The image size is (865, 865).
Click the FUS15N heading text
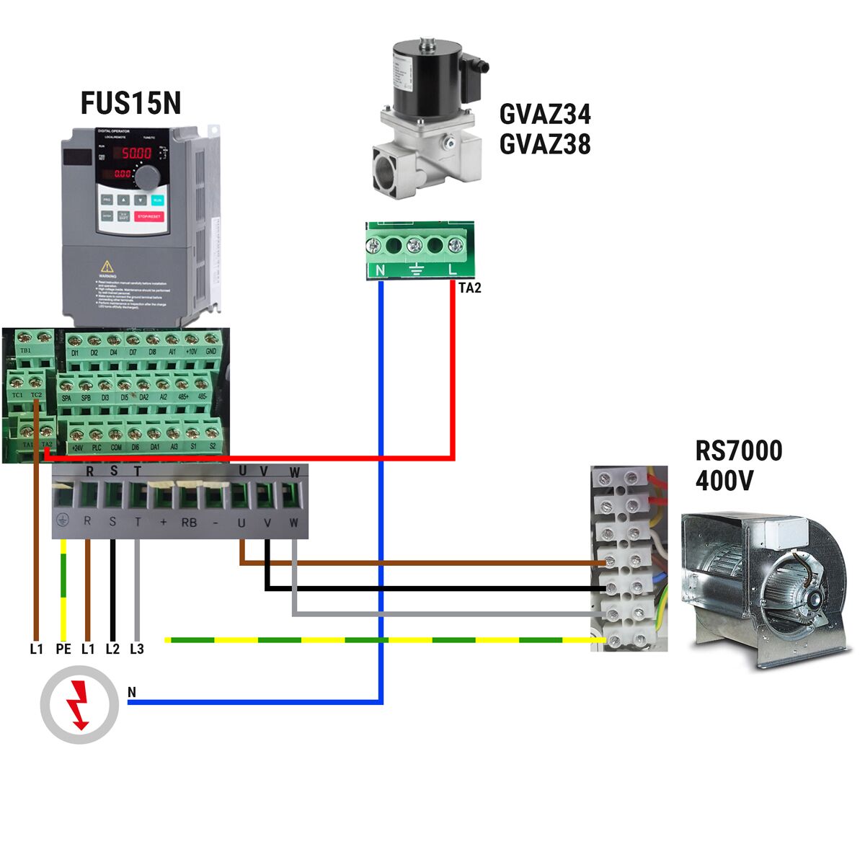pos(130,103)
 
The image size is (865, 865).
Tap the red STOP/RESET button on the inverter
pos(149,216)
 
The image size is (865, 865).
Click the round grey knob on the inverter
pos(148,176)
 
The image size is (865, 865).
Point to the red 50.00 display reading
pos(136,154)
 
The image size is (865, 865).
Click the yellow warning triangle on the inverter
pos(107,266)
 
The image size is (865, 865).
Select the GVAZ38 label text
pos(545,145)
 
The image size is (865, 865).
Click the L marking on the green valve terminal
pos(453,270)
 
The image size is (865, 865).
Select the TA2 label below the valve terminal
pos(469,288)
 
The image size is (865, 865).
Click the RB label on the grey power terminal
pos(189,523)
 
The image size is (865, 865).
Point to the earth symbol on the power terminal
pos(63,520)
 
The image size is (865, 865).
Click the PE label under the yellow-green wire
pos(63,649)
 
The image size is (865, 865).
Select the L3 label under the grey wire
pos(137,649)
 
